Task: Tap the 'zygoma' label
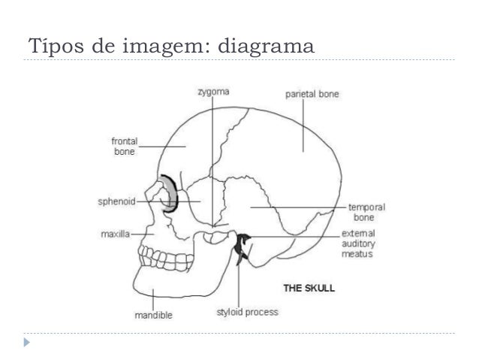click(213, 92)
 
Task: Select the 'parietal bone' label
click(312, 95)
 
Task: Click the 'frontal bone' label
click(124, 146)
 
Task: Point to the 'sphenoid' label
click(117, 201)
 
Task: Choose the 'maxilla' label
click(114, 234)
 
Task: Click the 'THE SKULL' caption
click(308, 288)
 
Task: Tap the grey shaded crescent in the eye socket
click(171, 195)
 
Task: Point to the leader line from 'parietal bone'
click(303, 124)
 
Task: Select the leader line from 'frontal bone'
click(161, 146)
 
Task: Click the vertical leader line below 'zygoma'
click(213, 158)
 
